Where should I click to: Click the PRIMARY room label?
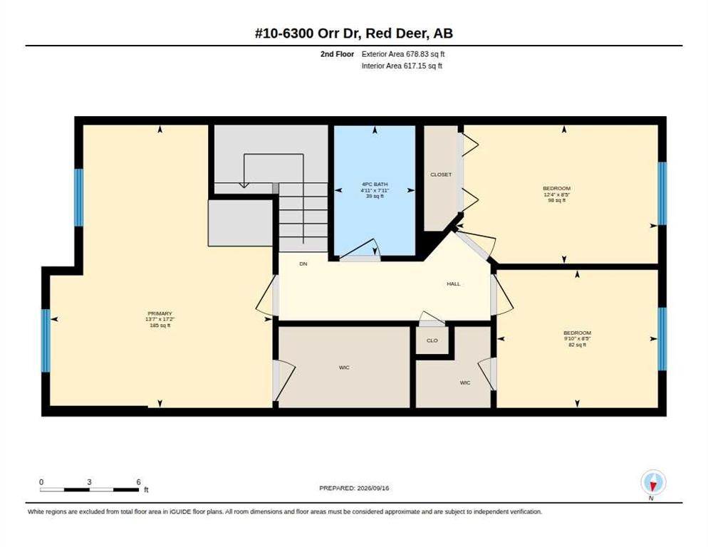160,313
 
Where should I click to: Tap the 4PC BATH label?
375,184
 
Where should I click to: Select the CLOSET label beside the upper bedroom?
441,174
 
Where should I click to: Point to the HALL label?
453,283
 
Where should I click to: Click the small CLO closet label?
432,340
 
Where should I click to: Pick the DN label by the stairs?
303,264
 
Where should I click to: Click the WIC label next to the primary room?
344,368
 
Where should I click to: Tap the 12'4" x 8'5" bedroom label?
557,194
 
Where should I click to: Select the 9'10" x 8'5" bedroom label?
578,339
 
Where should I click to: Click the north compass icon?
653,482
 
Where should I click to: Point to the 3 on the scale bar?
90,482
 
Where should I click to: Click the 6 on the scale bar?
139,482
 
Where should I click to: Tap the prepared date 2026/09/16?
373,489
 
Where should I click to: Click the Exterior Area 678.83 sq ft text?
403,54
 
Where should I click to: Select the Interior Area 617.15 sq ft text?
402,66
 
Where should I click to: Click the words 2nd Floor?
338,54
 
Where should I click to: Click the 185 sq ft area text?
160,325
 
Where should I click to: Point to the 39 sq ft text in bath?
375,197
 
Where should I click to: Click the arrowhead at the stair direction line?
244,184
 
